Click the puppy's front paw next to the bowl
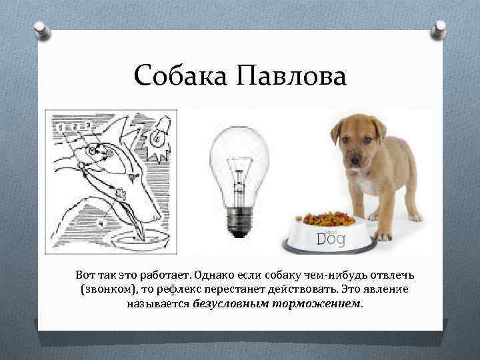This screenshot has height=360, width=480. [x=383, y=235]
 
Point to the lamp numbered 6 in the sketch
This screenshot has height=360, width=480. [x=159, y=136]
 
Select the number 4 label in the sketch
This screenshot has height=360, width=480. [x=102, y=223]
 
